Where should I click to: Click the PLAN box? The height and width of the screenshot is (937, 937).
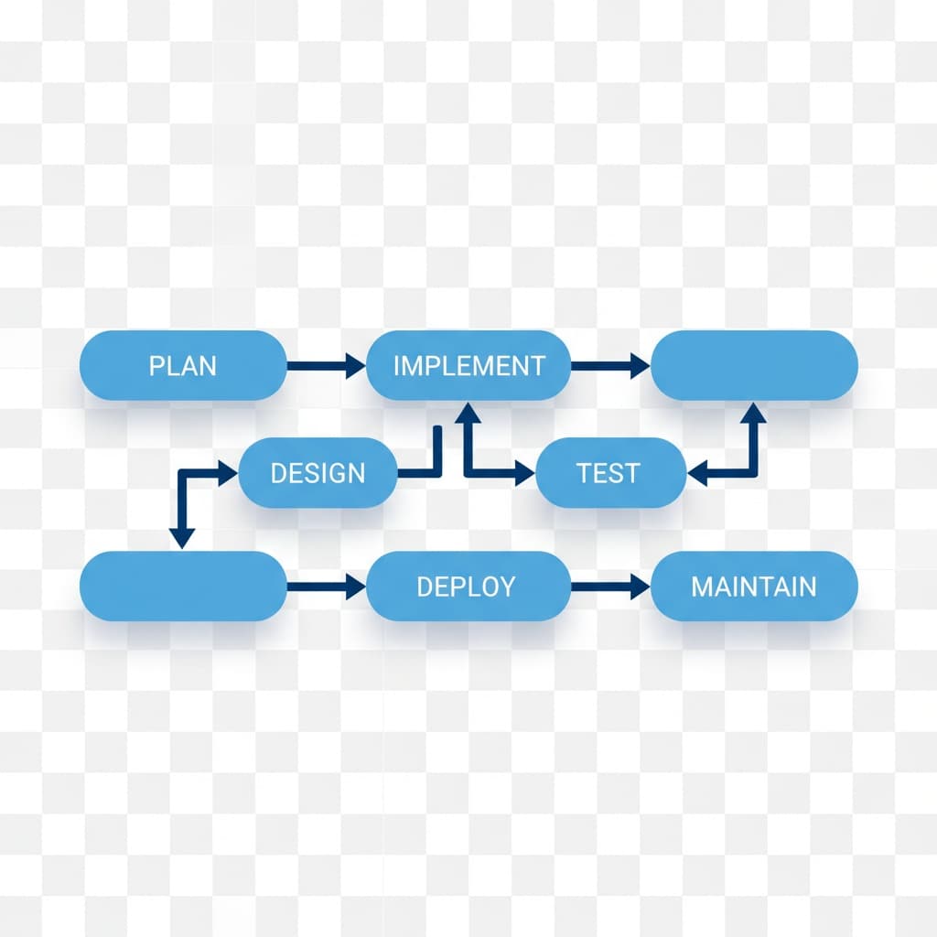pos(183,366)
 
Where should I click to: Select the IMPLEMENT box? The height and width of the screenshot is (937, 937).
pos(468,366)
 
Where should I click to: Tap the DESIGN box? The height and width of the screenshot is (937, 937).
pos(318,473)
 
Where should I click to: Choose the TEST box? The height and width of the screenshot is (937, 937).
pos(609,473)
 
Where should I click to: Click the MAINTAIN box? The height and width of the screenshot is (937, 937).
pos(753,587)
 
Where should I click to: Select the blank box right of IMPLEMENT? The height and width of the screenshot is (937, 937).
pos(753,366)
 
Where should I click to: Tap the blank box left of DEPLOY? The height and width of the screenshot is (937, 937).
pos(183,587)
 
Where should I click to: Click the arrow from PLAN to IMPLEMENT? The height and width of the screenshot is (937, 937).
pos(325,367)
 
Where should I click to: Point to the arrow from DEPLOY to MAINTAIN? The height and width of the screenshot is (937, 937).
pos(609,587)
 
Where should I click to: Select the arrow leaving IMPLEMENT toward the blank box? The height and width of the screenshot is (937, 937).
pos(609,367)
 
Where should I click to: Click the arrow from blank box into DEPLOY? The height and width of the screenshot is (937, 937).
pos(325,587)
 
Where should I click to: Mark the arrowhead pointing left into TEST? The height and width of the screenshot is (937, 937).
pos(697,474)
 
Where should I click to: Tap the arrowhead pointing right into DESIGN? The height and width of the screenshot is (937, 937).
pos(227,473)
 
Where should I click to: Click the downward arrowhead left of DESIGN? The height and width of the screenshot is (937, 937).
pos(182,538)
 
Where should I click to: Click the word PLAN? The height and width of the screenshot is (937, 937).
pos(183,366)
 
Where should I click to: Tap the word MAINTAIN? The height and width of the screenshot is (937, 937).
pos(753,587)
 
